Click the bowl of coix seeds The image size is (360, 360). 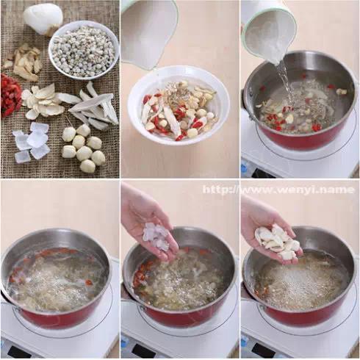pos(83,50)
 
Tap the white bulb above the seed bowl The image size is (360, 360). pos(43,19)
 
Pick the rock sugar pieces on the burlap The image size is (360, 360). pos(32,142)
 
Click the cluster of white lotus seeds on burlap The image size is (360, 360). pos(83,148)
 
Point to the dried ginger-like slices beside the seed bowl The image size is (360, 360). pos(24,62)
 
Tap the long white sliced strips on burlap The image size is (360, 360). pos(94,107)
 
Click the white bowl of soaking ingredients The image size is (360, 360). pos(179,106)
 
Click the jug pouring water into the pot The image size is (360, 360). pos(270,32)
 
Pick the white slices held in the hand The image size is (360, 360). pos(278,241)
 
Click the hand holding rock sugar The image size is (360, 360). pos(149,223)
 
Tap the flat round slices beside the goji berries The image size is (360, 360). pos(40,101)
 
